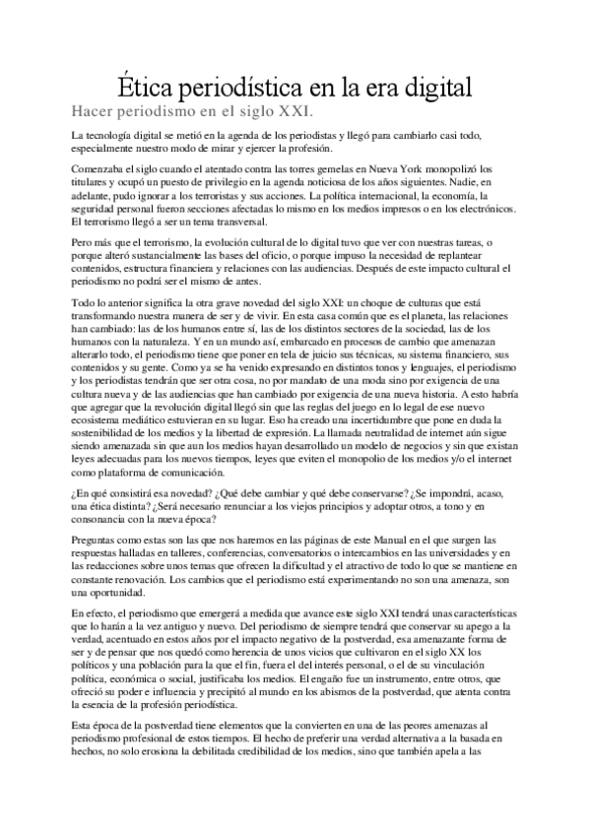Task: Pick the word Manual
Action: pos(346,542)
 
